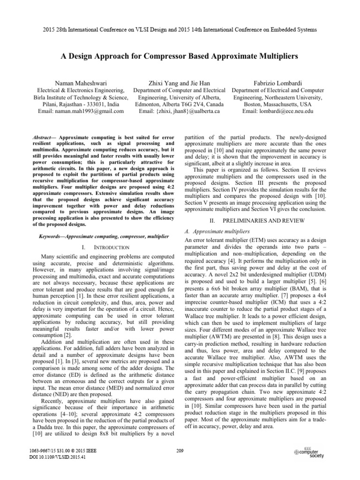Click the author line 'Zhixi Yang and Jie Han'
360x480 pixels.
180,81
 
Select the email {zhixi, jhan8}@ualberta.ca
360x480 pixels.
180,112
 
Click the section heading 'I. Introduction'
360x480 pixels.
100,247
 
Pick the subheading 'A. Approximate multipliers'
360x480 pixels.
216,232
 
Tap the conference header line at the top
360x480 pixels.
180,30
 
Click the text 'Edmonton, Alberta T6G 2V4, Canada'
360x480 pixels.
180,104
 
